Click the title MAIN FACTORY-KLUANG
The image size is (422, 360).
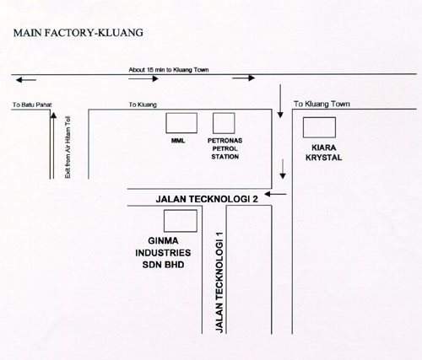point(78,33)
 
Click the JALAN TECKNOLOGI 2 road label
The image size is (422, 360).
point(207,199)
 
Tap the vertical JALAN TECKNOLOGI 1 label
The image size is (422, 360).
point(219,282)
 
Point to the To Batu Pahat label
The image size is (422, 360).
point(32,105)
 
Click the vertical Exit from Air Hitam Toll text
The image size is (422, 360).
point(68,148)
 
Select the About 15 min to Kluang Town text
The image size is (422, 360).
point(169,70)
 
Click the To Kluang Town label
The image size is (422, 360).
point(322,104)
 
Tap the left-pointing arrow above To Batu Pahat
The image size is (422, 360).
point(26,80)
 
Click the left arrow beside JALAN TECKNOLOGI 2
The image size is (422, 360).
point(275,194)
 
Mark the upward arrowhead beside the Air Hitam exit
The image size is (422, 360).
point(53,116)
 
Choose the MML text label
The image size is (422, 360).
point(178,141)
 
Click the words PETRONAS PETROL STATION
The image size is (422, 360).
point(225,148)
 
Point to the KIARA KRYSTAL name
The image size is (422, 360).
point(324,153)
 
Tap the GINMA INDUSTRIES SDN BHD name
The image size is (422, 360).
point(163,253)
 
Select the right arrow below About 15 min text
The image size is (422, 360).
point(143,78)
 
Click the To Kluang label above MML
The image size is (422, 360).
point(143,105)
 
